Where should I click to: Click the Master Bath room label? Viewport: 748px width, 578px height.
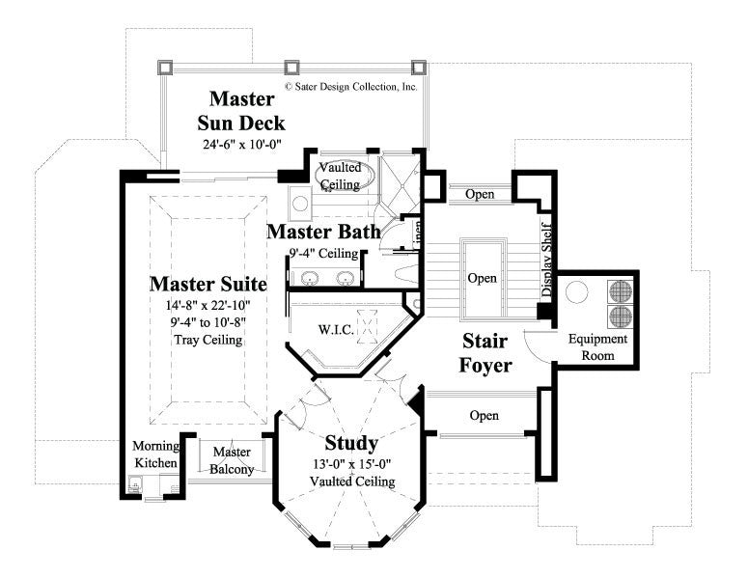point(322,233)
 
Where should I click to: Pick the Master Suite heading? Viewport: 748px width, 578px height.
point(208,285)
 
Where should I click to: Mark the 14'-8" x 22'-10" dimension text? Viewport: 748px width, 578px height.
point(208,306)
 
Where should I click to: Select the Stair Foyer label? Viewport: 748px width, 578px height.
point(485,353)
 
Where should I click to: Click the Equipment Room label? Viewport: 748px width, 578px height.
point(597,347)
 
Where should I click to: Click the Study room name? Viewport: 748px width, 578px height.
point(350,444)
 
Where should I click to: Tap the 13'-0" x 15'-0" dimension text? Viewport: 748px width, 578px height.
point(350,465)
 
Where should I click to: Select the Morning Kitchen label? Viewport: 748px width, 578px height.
point(154,455)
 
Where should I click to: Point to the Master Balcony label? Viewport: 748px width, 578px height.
point(232,461)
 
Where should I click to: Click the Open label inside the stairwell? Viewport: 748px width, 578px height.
point(482,278)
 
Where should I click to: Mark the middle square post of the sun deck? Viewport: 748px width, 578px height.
point(291,68)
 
